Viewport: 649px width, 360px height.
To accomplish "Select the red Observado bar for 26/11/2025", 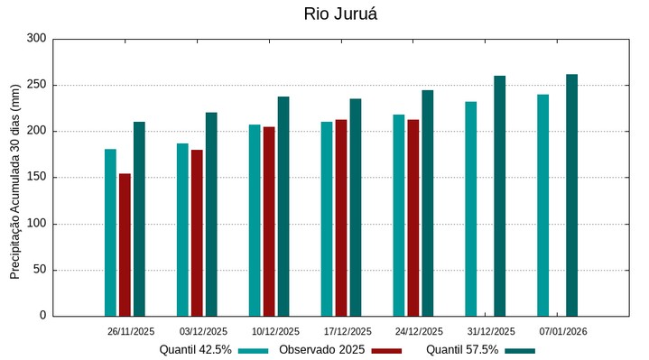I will (125, 245).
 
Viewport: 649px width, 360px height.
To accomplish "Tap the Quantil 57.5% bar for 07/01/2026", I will (571, 195).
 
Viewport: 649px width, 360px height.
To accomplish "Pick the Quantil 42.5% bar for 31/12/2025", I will (470, 208).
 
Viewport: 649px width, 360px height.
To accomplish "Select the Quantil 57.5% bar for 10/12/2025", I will (283, 206).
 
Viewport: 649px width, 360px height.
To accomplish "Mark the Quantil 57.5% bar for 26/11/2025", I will (139, 218).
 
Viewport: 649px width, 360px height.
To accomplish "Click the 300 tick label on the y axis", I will (36, 39).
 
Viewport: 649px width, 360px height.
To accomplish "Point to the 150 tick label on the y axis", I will (36, 178).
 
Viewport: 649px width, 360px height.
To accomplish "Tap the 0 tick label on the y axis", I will (42, 316).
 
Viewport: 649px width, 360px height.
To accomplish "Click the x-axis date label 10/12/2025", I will (275, 331).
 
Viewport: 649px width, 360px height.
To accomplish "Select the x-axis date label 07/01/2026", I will (563, 331).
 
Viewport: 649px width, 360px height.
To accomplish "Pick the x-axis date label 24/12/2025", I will (419, 331).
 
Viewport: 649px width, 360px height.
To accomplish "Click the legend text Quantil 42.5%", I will (195, 349).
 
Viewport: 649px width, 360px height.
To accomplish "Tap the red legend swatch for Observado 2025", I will (386, 350).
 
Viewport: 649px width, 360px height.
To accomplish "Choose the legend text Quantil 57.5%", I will (461, 349).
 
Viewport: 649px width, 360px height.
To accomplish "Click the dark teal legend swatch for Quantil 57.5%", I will (520, 350).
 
